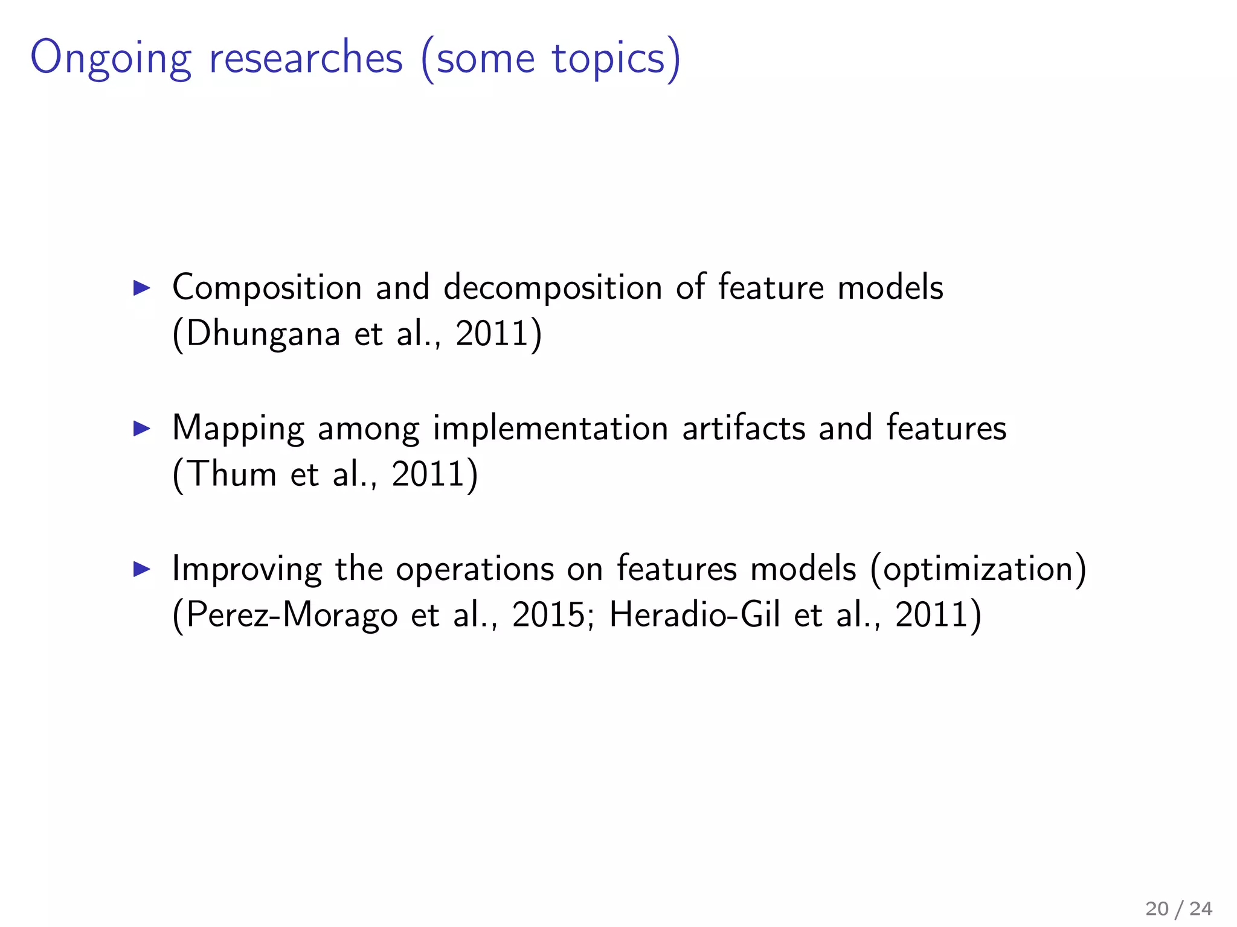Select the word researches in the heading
point(306,58)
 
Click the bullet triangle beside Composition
point(141,288)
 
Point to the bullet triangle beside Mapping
point(141,428)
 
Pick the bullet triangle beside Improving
point(141,569)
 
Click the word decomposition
point(553,288)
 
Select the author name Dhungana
point(263,334)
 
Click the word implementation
point(550,428)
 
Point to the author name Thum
point(233,474)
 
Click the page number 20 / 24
point(1178,908)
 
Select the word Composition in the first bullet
point(267,288)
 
